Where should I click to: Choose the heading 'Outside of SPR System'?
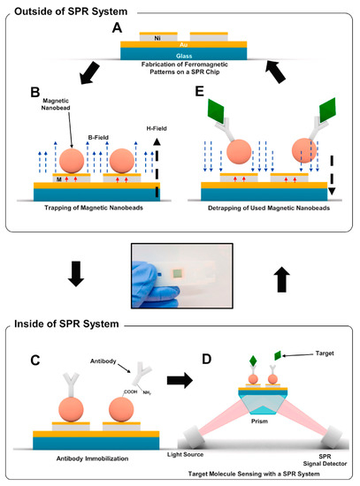coord(65,11)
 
